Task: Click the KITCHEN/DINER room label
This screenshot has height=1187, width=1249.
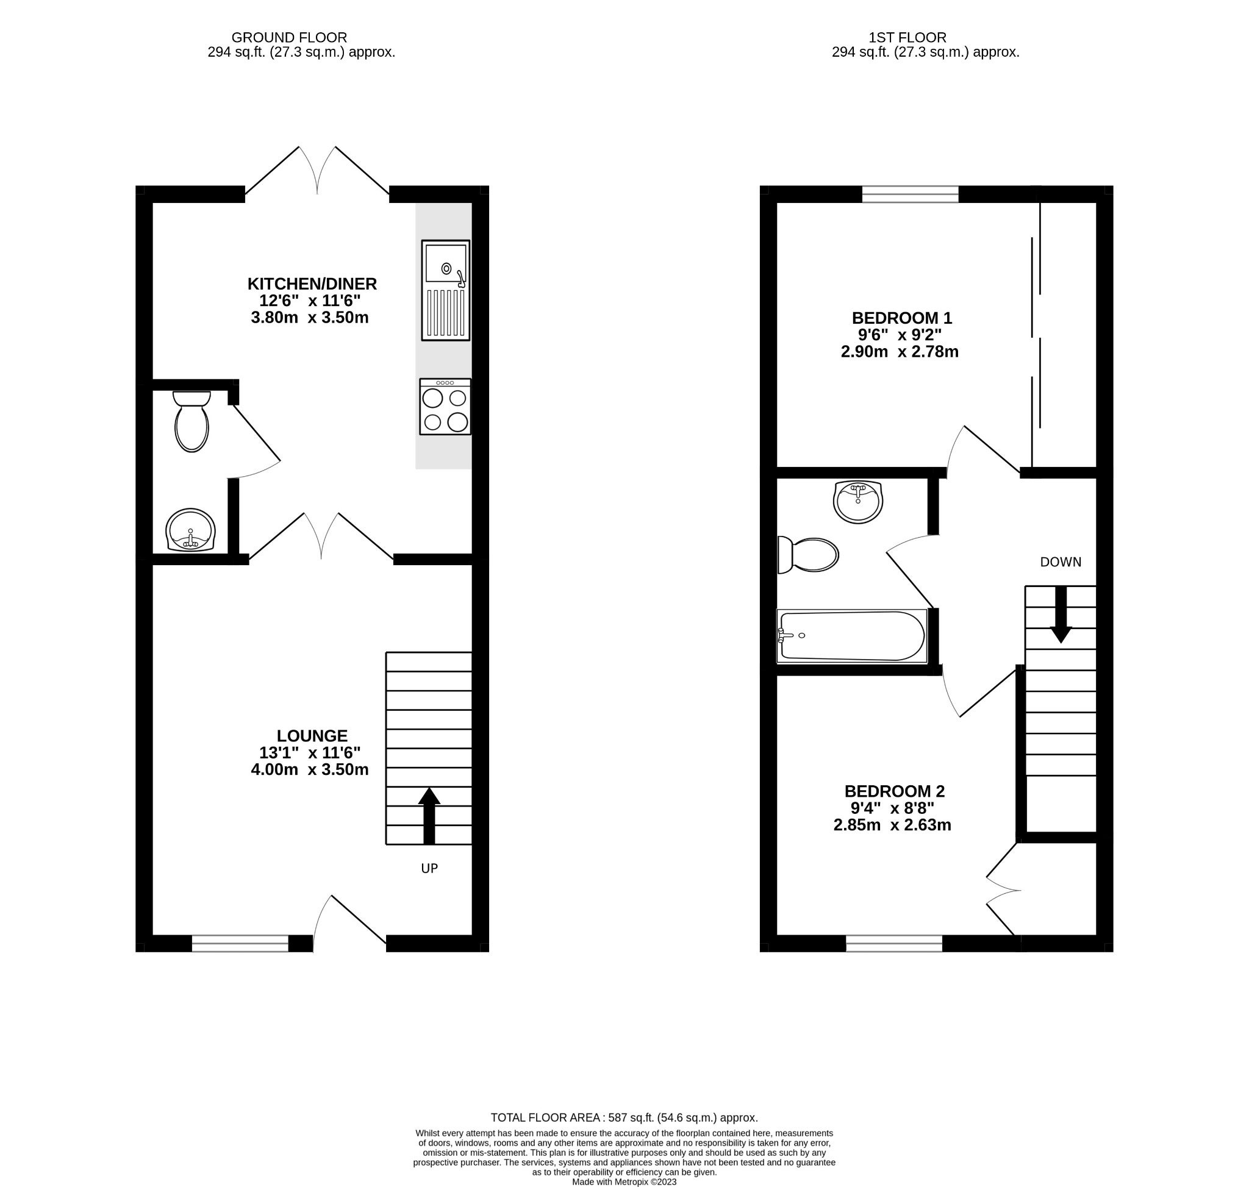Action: pyautogui.click(x=312, y=283)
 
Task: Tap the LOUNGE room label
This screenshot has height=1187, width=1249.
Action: pyautogui.click(x=312, y=736)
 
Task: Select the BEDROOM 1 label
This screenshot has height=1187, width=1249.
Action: pyautogui.click(x=901, y=318)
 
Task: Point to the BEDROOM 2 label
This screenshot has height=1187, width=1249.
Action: pyautogui.click(x=894, y=791)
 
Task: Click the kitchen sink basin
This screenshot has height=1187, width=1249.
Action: pyautogui.click(x=446, y=263)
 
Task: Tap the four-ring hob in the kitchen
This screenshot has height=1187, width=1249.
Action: pyautogui.click(x=445, y=407)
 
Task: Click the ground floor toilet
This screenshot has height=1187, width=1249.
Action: pyautogui.click(x=191, y=421)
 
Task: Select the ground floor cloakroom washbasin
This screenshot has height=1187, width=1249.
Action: pyautogui.click(x=190, y=530)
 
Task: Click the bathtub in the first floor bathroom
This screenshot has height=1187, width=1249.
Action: pyautogui.click(x=851, y=636)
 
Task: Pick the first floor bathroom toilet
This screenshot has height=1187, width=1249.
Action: pyautogui.click(x=808, y=555)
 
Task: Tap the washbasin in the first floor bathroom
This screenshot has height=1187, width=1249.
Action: pyautogui.click(x=858, y=501)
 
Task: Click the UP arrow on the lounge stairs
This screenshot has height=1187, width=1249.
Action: pyautogui.click(x=429, y=816)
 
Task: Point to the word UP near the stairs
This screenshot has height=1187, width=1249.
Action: pyautogui.click(x=429, y=868)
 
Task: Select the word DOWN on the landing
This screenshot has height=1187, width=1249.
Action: pyautogui.click(x=1061, y=562)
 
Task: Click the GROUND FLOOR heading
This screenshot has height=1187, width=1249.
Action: pyautogui.click(x=289, y=38)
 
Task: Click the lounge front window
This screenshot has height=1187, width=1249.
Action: pyautogui.click(x=240, y=944)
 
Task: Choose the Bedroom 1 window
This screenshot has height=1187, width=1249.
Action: pyautogui.click(x=911, y=194)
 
